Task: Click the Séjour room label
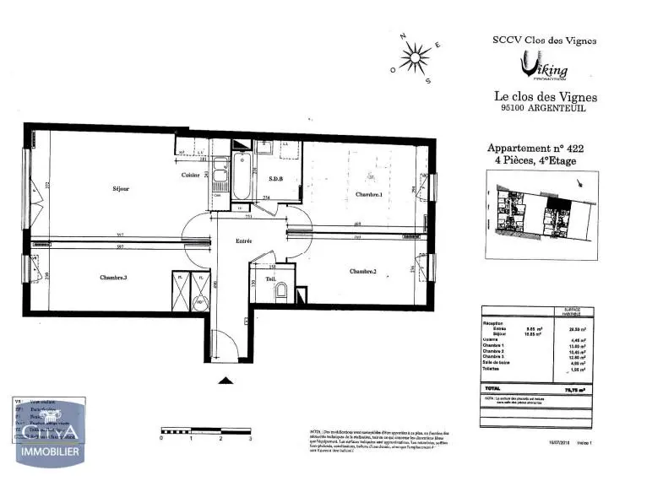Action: tap(121, 188)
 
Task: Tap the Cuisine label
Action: tap(191, 175)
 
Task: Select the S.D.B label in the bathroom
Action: tap(275, 179)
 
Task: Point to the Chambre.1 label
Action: tap(369, 195)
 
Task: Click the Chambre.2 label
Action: tap(362, 271)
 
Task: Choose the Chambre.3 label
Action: tap(113, 277)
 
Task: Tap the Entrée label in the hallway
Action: tap(244, 241)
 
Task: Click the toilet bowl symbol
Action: tap(281, 292)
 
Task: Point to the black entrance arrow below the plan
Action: tap(226, 381)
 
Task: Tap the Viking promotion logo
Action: tap(543, 64)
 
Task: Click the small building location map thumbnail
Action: tap(541, 212)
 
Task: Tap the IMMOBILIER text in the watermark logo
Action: tap(50, 453)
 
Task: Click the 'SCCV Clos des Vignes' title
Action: tap(544, 39)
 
